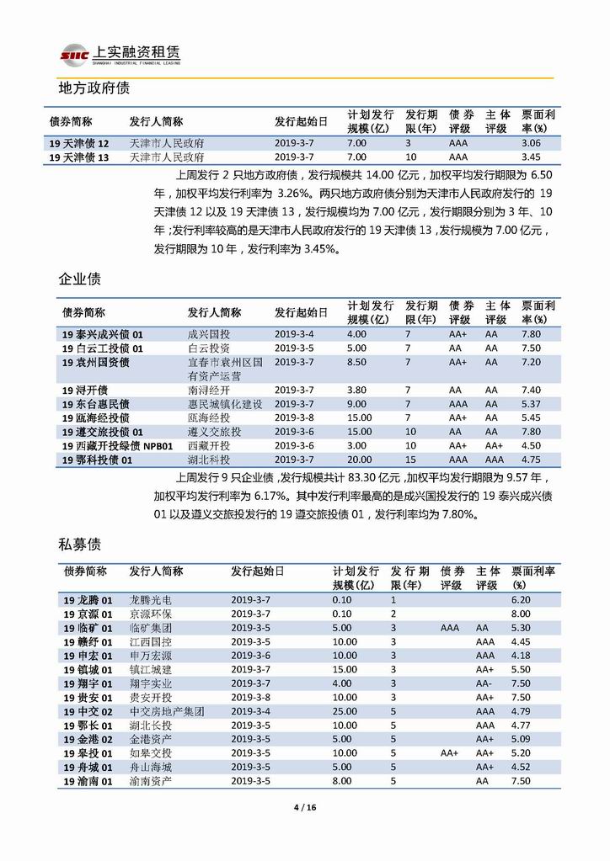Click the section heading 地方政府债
[x=93, y=88]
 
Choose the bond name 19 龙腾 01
[x=88, y=600]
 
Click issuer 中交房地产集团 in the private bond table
[x=166, y=710]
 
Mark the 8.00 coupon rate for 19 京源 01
[x=521, y=614]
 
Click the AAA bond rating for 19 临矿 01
[x=450, y=628]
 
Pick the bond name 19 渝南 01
[x=88, y=780]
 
